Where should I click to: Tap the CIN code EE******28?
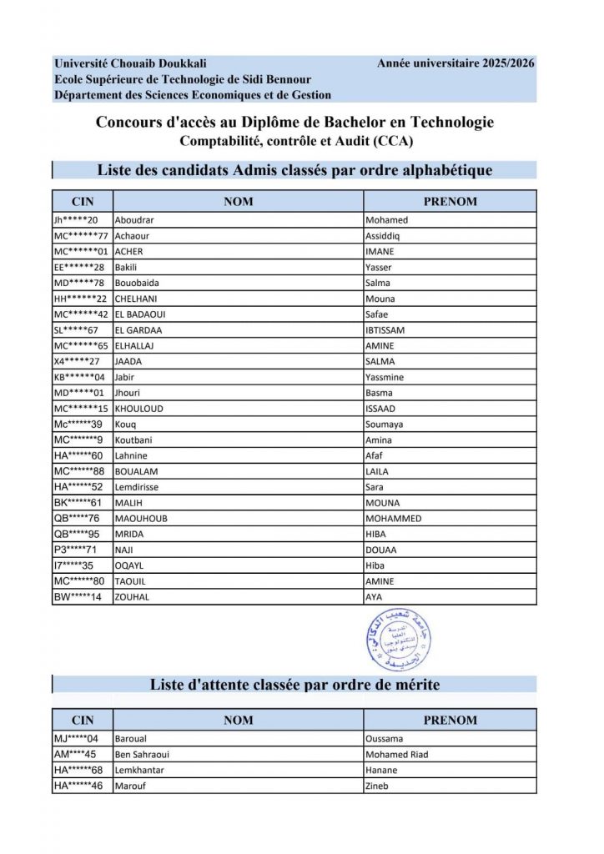tap(78, 268)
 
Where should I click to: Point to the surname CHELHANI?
tap(138, 299)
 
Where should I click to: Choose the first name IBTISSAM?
tap(385, 330)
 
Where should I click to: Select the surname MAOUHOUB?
tap(142, 519)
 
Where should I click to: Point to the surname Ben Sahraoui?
tap(144, 755)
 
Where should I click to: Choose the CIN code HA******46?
tap(78, 786)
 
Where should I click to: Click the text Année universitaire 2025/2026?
tap(456, 63)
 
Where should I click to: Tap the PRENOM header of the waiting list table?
tap(450, 721)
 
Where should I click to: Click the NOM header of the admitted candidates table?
tap(239, 202)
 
